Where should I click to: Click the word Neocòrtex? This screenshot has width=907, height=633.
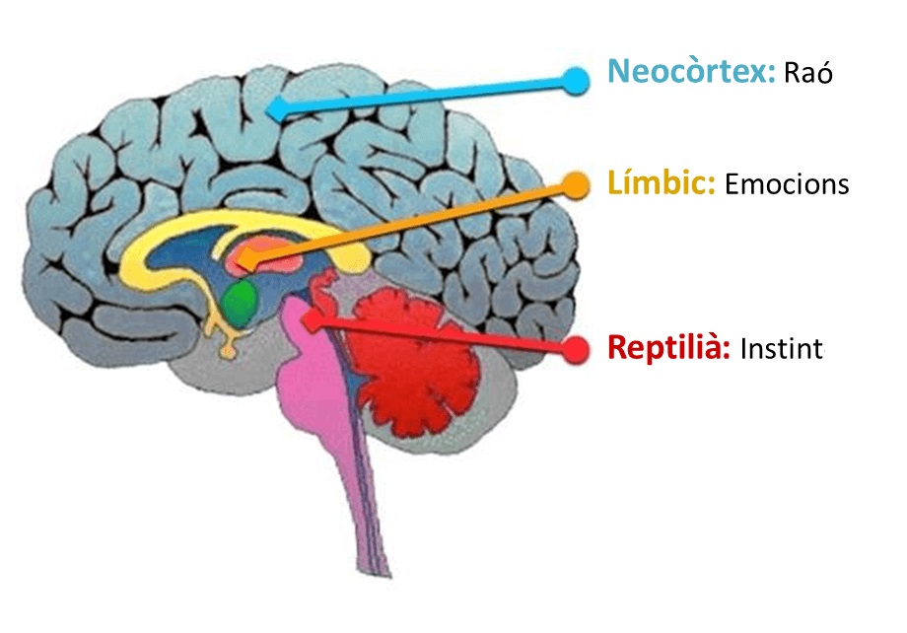pos(691,72)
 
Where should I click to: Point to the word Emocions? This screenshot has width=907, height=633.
pos(786,184)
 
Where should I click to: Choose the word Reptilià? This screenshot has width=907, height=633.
pos(668,348)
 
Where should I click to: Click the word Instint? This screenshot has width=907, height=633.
pos(781,349)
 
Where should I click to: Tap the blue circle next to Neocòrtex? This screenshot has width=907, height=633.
pos(577,81)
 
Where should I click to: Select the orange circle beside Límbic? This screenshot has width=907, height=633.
pos(575,183)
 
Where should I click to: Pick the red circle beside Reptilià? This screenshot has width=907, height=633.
pos(576,348)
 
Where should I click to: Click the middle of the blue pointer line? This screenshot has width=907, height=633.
pos(424,93)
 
